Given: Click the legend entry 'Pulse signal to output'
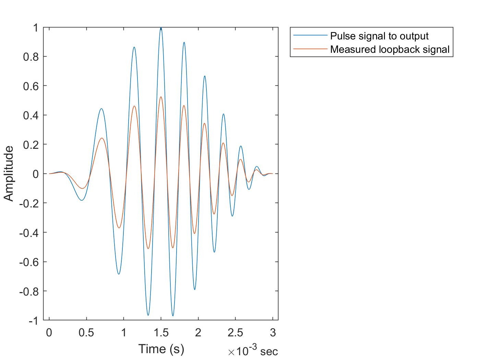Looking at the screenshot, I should click(379, 36).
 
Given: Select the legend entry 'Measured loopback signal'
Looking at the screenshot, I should click(390, 49).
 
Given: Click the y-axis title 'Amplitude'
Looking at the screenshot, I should click(9, 173).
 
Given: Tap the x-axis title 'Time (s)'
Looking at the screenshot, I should click(161, 349).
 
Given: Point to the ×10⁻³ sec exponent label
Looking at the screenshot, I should click(253, 351).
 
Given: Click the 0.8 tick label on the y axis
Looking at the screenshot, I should click(31, 57).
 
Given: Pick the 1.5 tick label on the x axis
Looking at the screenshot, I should click(161, 333).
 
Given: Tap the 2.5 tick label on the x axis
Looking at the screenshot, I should click(235, 333).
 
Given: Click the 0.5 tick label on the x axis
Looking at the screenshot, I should click(86, 333).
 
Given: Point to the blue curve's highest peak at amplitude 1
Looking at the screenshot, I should click(161, 28).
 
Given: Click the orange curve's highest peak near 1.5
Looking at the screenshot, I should click(161, 97).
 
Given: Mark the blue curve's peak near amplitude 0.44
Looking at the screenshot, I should click(101, 109).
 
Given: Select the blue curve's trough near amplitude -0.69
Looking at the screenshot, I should click(119, 274).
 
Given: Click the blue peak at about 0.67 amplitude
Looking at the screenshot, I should click(205, 76).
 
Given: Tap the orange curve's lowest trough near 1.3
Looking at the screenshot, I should click(148, 249).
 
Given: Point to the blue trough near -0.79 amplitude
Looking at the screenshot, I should click(194, 289).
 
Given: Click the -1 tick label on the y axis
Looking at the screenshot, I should click(33, 321).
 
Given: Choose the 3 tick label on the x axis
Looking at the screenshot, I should click(273, 333).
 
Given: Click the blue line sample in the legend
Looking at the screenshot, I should click(310, 35).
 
